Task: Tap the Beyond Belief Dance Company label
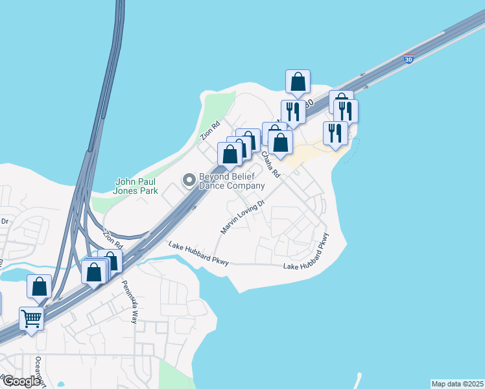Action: [x=231, y=181]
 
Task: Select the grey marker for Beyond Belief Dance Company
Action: [x=189, y=180]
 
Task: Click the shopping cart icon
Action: [x=31, y=318]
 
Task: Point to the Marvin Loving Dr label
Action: [x=243, y=217]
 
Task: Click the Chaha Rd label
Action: [x=270, y=165]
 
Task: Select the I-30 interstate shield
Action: [x=408, y=60]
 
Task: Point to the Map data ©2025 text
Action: [x=457, y=384]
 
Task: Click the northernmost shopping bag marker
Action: [x=298, y=82]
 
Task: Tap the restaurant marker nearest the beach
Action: [x=335, y=133]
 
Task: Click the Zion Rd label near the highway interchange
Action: [x=113, y=240]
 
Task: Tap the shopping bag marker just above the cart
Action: [x=39, y=285]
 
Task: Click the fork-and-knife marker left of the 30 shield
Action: [x=293, y=112]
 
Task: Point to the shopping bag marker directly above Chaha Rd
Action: [x=280, y=143]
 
